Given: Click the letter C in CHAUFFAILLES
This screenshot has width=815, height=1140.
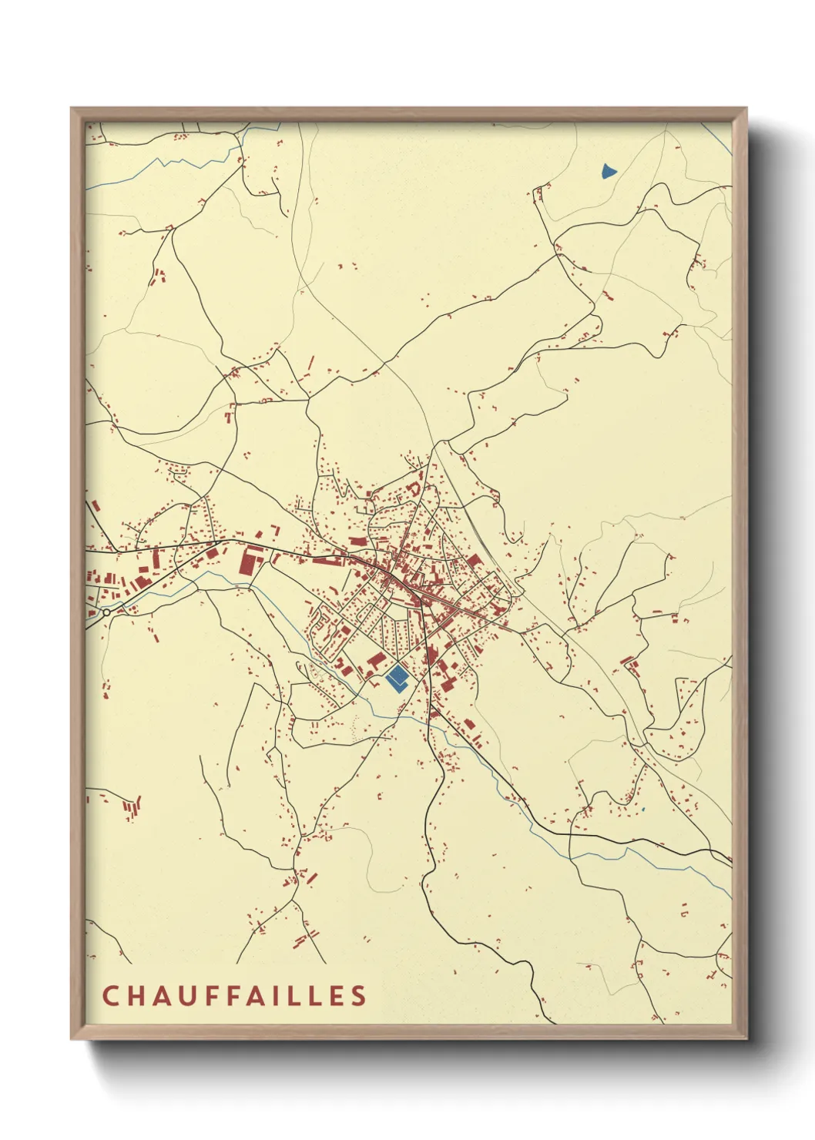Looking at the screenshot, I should pos(110,995).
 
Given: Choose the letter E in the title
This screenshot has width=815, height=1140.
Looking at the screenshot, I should pos(337,995).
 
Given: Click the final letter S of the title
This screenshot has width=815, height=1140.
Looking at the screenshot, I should pos(359,995).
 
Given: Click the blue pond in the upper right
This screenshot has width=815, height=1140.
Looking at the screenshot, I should pos(609,170).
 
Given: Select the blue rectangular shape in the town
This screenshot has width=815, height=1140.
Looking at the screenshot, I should pos(397,678).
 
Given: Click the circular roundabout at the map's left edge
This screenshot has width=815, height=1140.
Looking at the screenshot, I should pos(106,612).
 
